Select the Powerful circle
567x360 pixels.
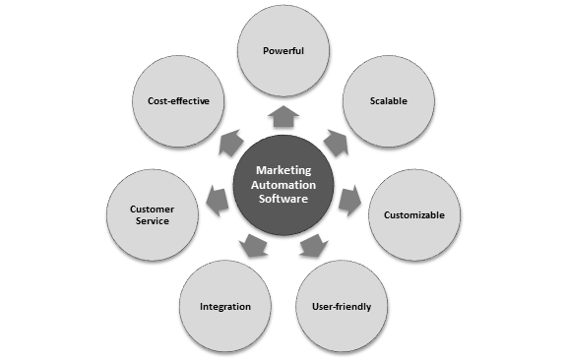tap(283, 50)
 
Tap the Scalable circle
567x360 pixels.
tap(388, 100)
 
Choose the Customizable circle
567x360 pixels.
tap(414, 214)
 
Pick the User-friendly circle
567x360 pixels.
tap(342, 306)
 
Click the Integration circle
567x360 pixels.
tap(225, 306)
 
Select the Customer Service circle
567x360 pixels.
tap(151, 214)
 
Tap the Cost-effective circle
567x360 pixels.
tap(178, 100)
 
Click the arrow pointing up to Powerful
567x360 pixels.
tap(283, 117)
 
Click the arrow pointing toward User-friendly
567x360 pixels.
tap(313, 246)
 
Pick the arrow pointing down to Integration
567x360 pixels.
tap(255, 246)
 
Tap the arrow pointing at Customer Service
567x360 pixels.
tap(218, 201)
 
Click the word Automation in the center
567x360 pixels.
tap(284, 184)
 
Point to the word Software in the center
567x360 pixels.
tap(284, 199)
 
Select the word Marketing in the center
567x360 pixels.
tap(284, 169)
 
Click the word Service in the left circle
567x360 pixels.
tap(151, 221)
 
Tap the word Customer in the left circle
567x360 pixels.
tap(151, 209)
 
